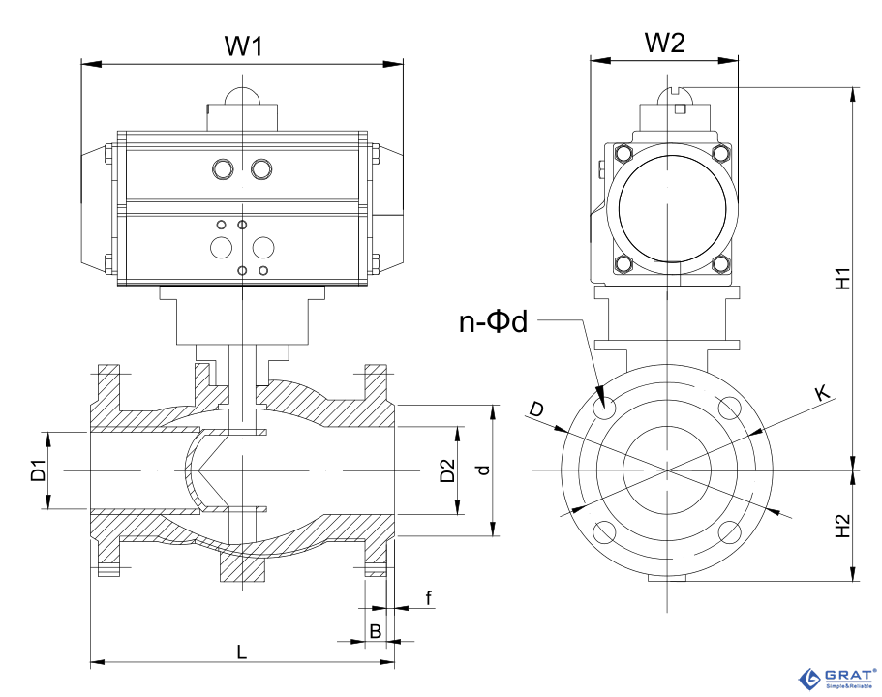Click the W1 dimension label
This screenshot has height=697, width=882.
(244, 45)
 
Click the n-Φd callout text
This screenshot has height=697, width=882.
(493, 321)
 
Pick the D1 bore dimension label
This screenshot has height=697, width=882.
(38, 470)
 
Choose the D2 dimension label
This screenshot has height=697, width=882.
(446, 470)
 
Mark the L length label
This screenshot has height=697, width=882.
(242, 652)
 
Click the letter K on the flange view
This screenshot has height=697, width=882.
(822, 392)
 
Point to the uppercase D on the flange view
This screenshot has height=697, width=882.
(536, 410)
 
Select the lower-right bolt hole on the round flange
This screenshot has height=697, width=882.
(731, 531)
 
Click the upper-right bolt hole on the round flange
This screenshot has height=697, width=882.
(730, 409)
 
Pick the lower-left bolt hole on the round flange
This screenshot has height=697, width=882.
(606, 531)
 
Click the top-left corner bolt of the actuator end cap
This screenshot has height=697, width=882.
(623, 153)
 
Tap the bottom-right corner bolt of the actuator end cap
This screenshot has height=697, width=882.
(719, 263)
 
